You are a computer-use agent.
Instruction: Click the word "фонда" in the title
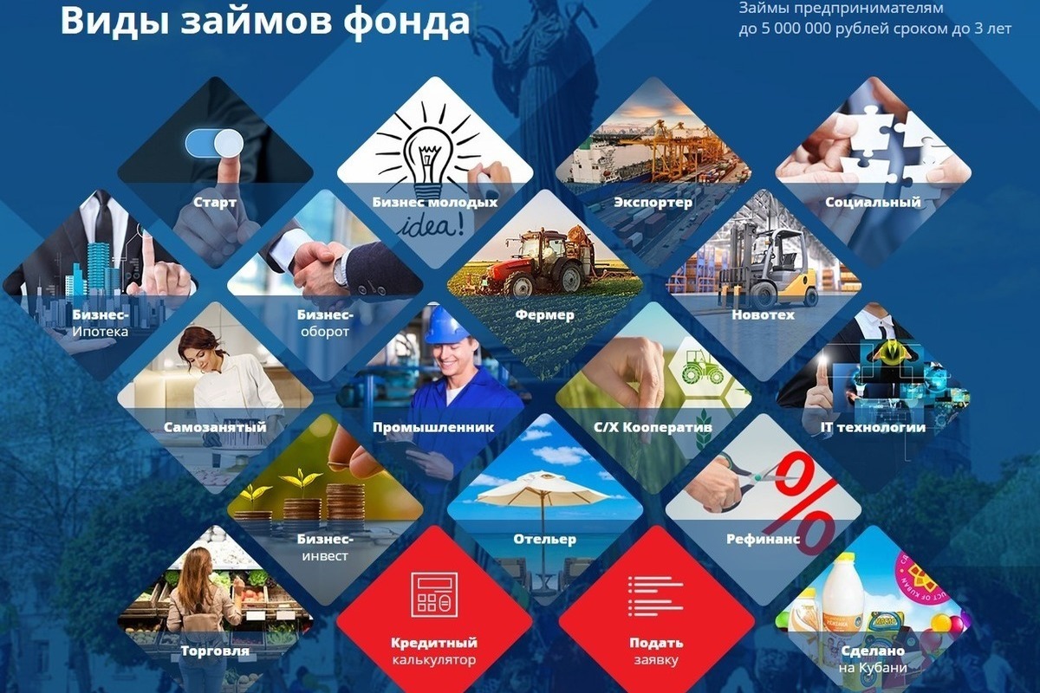[406, 22]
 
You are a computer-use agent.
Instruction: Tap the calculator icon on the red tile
[434, 595]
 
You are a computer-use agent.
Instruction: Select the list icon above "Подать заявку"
[655, 597]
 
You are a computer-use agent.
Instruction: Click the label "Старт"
[215, 203]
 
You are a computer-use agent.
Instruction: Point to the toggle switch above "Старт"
[214, 143]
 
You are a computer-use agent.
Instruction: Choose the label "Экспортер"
[653, 203]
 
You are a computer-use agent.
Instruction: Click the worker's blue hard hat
[446, 325]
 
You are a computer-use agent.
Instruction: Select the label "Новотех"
[763, 314]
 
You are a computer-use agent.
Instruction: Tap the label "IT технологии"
[873, 427]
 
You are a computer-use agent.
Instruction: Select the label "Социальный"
[873, 203]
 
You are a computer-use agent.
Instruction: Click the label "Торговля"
[215, 651]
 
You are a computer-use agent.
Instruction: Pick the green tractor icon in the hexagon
[702, 367]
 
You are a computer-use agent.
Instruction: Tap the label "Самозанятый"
[215, 427]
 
